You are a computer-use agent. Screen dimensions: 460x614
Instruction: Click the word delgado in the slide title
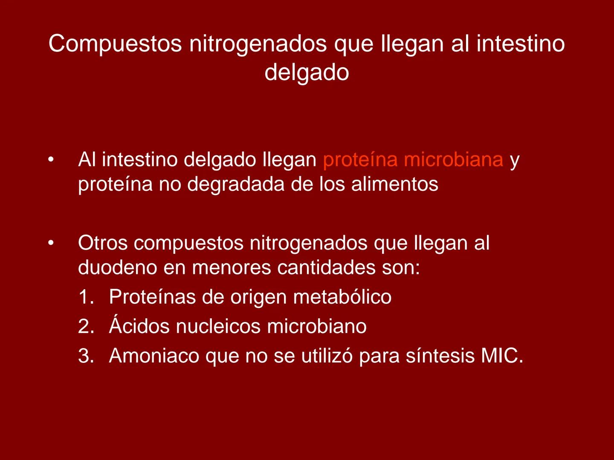[x=307, y=72]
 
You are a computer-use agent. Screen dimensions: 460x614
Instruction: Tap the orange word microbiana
[x=453, y=160]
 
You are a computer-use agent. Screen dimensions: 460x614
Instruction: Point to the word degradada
[x=236, y=184]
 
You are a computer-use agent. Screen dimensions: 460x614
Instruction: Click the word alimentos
[x=394, y=184]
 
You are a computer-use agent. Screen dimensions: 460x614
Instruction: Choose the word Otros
[x=103, y=243]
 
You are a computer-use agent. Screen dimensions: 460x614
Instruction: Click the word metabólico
[x=342, y=297]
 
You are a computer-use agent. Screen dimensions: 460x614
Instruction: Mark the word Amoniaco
[x=154, y=356]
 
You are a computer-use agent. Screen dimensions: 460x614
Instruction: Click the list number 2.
[x=85, y=327]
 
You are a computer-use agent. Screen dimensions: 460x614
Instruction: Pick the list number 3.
[x=85, y=356]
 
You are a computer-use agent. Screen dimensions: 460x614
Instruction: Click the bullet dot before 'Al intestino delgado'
[x=51, y=160]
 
